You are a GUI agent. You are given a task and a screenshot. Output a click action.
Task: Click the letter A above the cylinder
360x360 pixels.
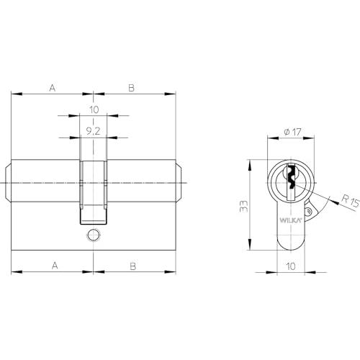[x=53, y=88]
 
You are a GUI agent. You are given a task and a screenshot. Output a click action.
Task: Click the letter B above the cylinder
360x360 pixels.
[x=131, y=88]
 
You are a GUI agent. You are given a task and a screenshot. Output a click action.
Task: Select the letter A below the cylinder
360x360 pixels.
[x=55, y=266]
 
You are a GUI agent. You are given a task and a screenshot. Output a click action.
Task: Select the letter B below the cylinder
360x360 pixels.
[x=132, y=266]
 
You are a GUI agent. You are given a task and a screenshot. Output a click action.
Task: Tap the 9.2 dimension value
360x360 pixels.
[x=93, y=131]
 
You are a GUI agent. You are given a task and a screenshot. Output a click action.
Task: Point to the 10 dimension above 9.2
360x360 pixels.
[x=94, y=109]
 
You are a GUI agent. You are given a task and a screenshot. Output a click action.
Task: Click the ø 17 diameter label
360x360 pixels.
[x=292, y=132]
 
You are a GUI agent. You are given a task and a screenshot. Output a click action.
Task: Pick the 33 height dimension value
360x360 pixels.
[x=243, y=206]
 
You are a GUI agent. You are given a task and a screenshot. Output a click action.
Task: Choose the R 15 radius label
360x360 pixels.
[x=350, y=201]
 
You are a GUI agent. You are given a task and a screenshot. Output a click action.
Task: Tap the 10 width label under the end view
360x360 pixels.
[x=291, y=266]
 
